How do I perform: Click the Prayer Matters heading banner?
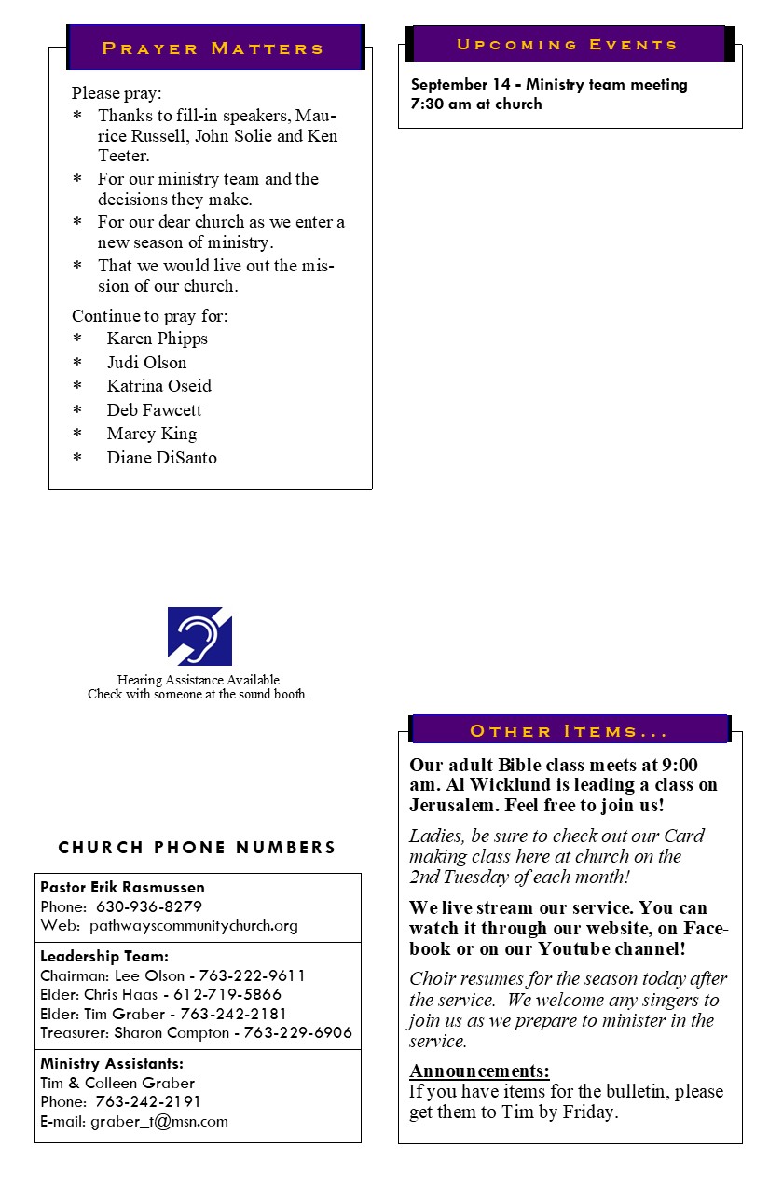213,48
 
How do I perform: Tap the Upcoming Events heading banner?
567,45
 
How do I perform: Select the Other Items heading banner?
569,731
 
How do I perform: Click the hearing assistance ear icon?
199,636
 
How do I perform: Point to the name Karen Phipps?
157,339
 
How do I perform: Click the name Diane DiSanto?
161,457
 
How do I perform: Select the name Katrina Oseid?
158,386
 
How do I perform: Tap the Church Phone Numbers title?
197,848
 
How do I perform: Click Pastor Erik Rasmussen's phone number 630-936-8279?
149,906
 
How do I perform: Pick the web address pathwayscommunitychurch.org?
194,926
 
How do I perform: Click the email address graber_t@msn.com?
159,1122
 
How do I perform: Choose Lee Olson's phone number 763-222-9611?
252,975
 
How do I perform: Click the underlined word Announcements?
479,1071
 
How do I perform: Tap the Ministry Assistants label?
112,1063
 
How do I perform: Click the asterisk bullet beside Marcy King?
77,434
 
